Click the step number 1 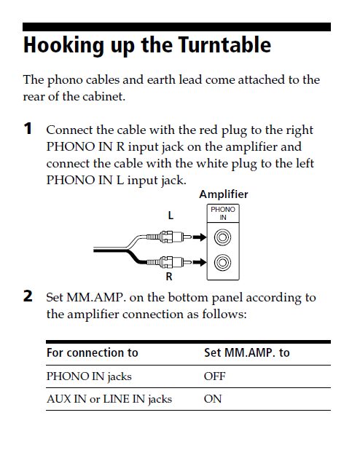(28, 129)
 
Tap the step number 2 (28, 296)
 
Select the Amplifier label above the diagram (224, 194)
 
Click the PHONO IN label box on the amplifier (223, 213)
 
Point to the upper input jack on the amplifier (222, 237)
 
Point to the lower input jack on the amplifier (222, 262)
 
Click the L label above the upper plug (171, 216)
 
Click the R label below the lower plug (169, 277)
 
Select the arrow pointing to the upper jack (200, 237)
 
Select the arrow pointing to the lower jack (200, 262)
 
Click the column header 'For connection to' (93, 352)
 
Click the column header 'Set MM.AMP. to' (246, 352)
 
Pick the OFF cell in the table (214, 376)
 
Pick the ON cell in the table (213, 399)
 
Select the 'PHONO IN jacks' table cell (89, 377)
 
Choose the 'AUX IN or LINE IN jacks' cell (109, 400)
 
